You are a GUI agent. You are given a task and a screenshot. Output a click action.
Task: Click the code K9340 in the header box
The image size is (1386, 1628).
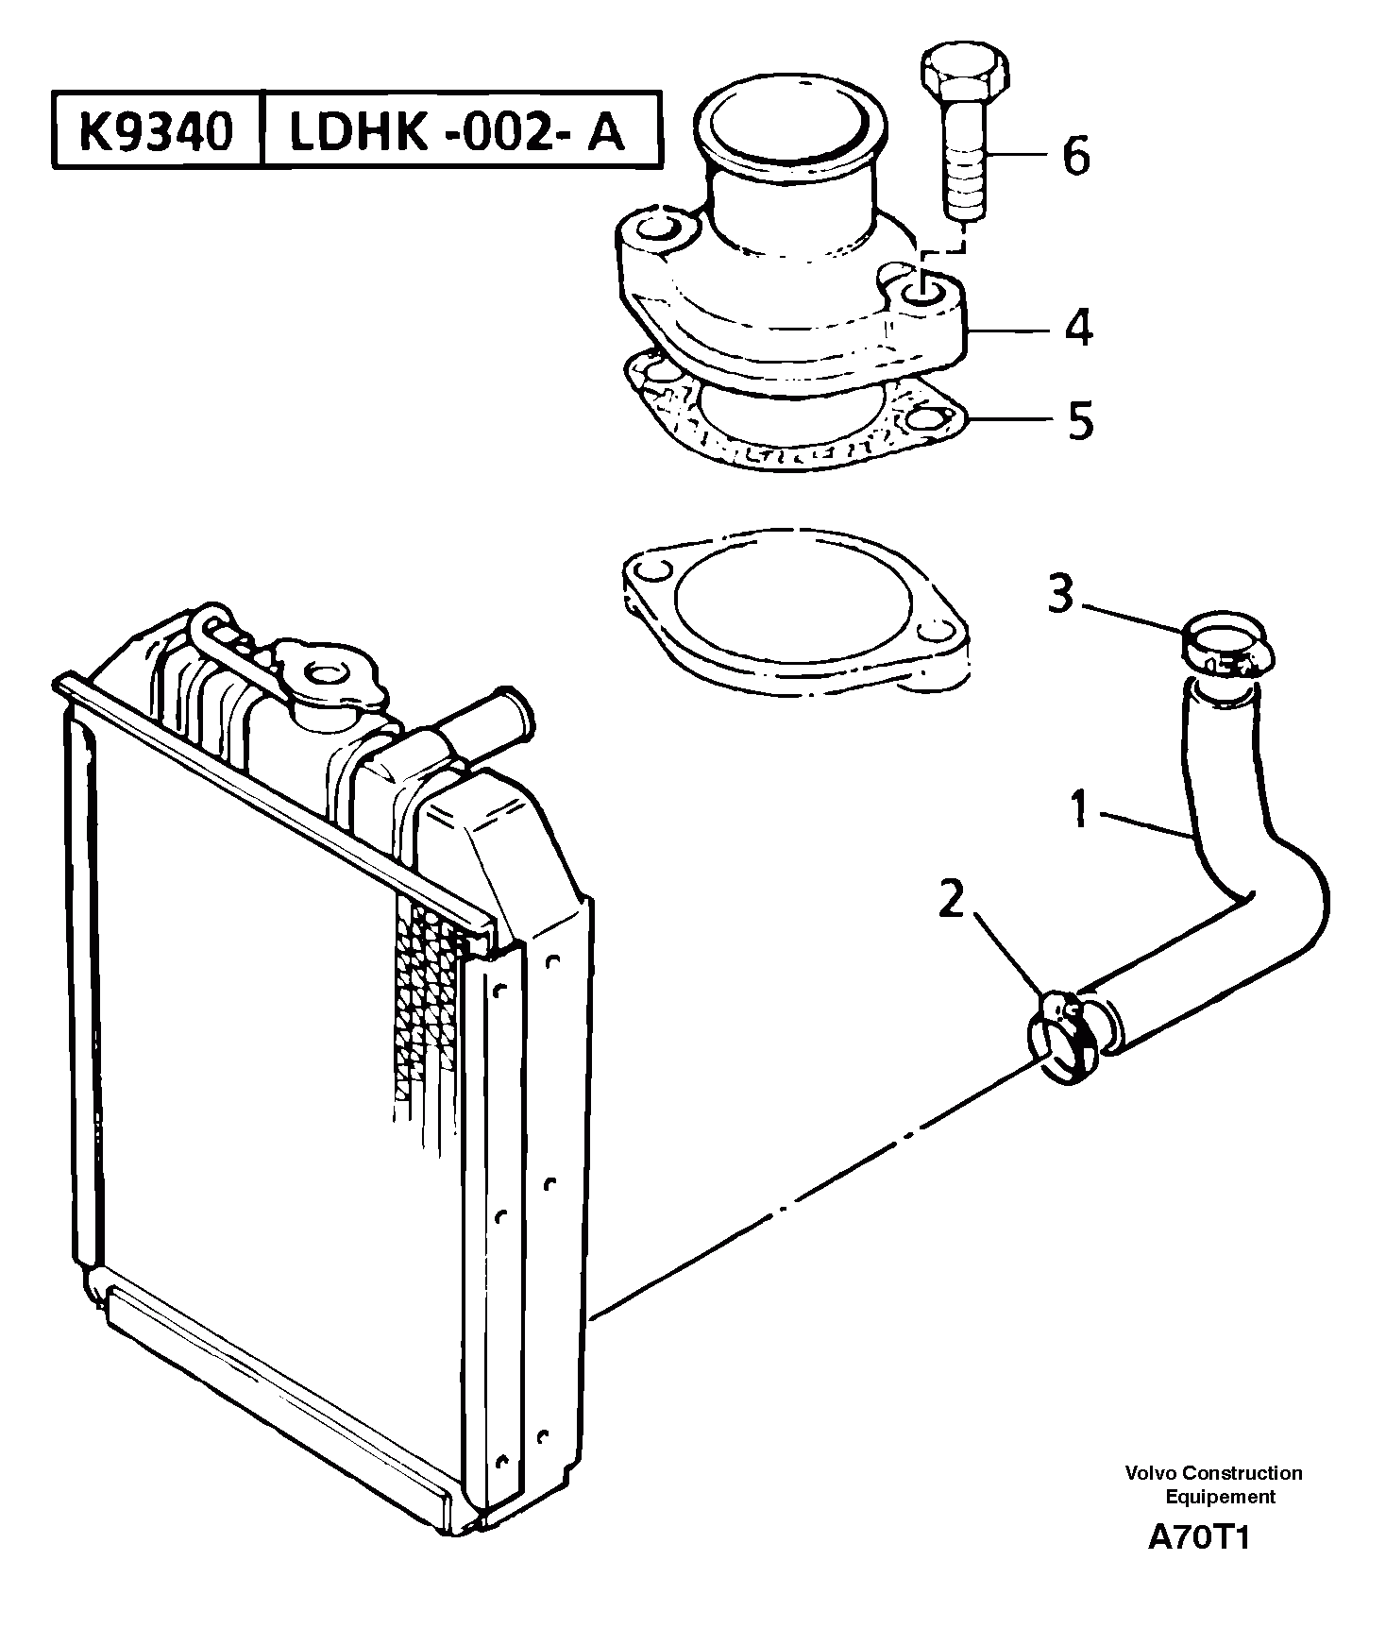(x=155, y=131)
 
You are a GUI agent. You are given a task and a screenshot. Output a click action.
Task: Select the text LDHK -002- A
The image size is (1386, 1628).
(x=457, y=131)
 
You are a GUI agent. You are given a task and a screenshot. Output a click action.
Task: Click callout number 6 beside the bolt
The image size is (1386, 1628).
(x=1075, y=155)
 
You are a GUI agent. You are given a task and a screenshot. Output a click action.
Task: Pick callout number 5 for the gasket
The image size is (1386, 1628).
(x=1080, y=419)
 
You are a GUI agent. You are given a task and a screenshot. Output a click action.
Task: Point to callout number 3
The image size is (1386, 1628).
(x=1060, y=595)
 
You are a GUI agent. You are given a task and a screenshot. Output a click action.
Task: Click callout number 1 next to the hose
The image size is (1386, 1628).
(x=1081, y=810)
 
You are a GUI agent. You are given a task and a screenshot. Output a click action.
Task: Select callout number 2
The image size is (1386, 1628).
(x=953, y=900)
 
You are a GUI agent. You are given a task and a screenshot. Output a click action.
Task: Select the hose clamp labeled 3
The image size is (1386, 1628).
(x=1224, y=650)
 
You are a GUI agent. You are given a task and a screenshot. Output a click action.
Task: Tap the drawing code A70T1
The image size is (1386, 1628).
(x=1198, y=1537)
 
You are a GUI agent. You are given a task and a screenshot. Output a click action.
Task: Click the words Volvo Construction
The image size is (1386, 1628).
(x=1212, y=1473)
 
